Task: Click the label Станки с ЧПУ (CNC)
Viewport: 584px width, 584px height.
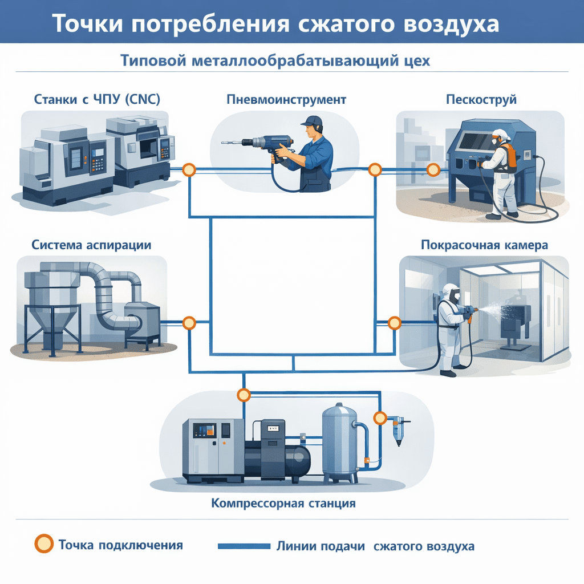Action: (x=97, y=99)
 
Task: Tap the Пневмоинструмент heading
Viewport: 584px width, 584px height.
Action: (x=286, y=99)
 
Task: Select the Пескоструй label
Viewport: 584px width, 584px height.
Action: (x=481, y=99)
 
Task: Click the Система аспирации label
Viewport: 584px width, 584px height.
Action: (x=91, y=245)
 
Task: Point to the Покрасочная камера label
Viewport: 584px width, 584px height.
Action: (x=484, y=245)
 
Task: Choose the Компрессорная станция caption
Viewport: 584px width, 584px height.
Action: (x=283, y=504)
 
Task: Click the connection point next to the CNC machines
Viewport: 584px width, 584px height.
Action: (x=189, y=169)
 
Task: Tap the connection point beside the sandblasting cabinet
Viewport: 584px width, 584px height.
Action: (x=433, y=169)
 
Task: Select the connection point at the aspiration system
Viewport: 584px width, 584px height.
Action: (x=189, y=323)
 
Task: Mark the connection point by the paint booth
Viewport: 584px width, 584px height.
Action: (x=394, y=323)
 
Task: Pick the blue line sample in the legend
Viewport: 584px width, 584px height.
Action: (x=244, y=546)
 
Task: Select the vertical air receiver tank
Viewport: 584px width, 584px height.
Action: (x=340, y=439)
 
